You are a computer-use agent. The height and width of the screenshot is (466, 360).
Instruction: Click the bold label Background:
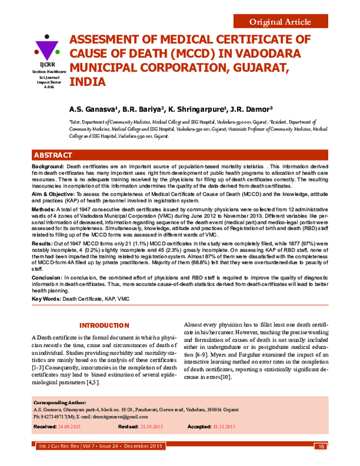(47, 165)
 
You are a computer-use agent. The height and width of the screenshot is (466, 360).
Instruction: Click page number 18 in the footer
(322, 446)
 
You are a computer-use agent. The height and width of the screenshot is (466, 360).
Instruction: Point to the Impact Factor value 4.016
(46, 87)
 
